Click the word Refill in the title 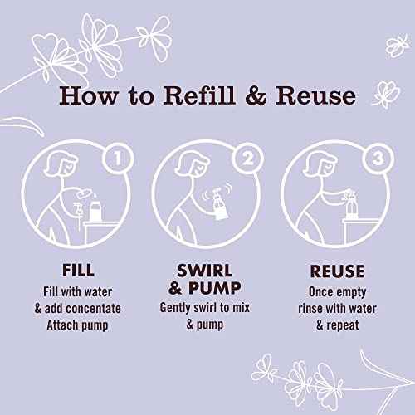pyautogui.click(x=199, y=95)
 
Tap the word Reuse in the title pyautogui.click(x=316, y=95)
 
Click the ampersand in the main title pyautogui.click(x=256, y=96)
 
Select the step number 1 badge pyautogui.click(x=118, y=159)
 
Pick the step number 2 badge pyautogui.click(x=248, y=159)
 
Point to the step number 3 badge pyautogui.click(x=378, y=159)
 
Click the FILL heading pyautogui.click(x=78, y=271)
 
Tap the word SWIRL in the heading pyautogui.click(x=205, y=271)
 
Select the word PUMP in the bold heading pyautogui.click(x=215, y=288)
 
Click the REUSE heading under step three pyautogui.click(x=337, y=271)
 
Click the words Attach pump pyautogui.click(x=77, y=325)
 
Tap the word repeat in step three pyautogui.click(x=343, y=325)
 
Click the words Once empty pyautogui.click(x=337, y=292)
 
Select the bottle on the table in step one pyautogui.click(x=95, y=209)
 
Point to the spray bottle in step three pyautogui.click(x=350, y=204)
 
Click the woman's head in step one pyautogui.click(x=61, y=164)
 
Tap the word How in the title pyautogui.click(x=89, y=95)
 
